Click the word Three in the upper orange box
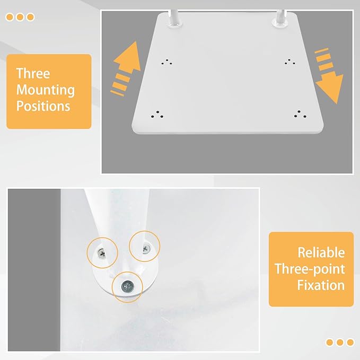33,74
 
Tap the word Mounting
46,90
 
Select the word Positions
43,106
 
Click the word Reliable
321,252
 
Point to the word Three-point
310,269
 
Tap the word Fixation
321,285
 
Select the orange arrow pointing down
328,76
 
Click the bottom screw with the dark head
127,287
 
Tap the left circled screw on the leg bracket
102,253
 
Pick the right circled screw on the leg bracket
146,249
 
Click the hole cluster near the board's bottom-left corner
157,115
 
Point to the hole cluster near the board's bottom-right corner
300,114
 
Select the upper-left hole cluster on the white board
167,62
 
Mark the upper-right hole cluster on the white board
290,62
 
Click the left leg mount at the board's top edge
175,19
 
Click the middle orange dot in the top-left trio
20,17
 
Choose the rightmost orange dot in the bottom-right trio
350,343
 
